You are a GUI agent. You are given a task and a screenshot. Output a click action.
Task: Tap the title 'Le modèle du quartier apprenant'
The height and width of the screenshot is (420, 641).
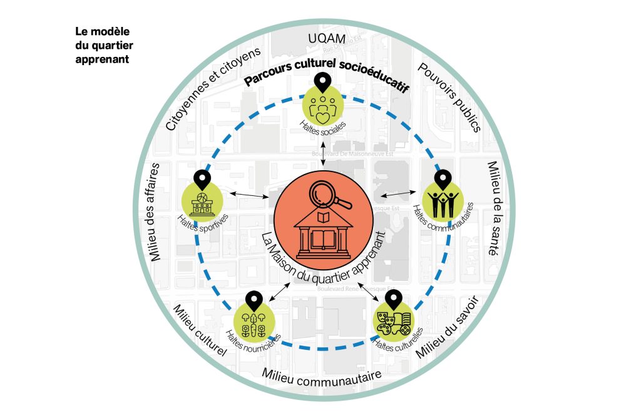coord(104,45)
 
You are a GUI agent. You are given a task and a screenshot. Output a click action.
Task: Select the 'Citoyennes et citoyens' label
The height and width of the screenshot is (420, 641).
coord(212,90)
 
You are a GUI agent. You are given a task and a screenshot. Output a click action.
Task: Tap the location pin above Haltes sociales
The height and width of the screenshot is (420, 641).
coord(323,82)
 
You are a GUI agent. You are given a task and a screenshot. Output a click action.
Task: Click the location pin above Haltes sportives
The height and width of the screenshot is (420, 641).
coord(202,179)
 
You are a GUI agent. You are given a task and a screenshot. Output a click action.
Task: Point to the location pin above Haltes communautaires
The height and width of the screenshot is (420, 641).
coord(443,179)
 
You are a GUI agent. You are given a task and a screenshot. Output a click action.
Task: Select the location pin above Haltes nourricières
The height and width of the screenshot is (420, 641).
coord(253,300)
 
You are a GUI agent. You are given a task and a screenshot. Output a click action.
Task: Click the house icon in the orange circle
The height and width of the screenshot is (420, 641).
coord(323,235)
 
